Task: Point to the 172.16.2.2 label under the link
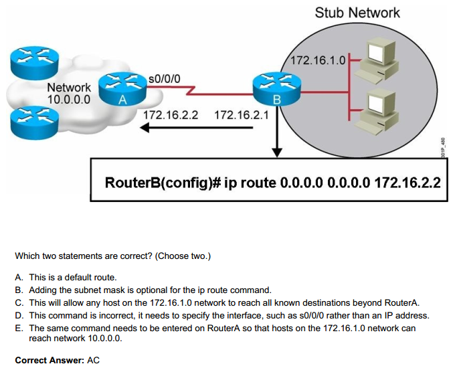(171, 114)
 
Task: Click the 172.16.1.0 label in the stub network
(318, 61)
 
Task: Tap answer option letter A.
(18, 277)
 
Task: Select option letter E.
(18, 328)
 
